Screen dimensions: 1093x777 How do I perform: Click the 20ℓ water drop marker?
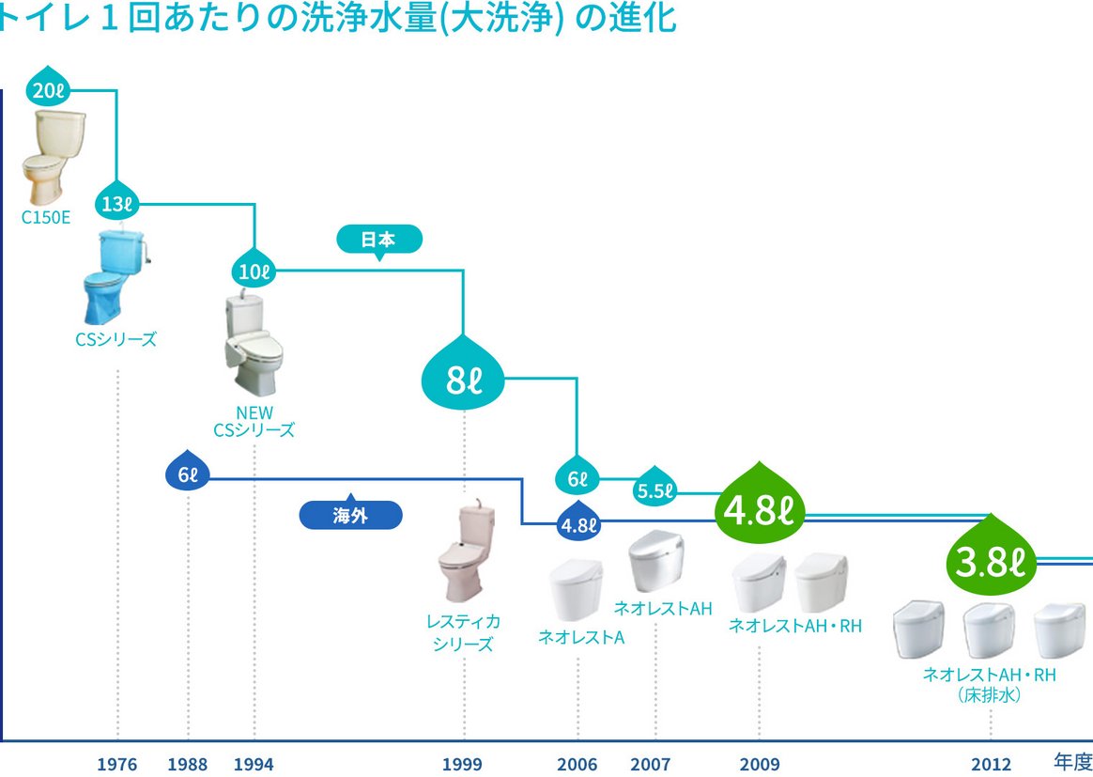pos(48,88)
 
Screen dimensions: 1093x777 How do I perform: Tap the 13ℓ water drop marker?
pos(116,202)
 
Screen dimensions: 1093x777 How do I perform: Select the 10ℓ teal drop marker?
pos(254,270)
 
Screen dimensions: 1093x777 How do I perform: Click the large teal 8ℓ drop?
pos(464,377)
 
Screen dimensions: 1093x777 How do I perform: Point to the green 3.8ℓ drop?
pos(991,559)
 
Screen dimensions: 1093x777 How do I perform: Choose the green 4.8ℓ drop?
pos(759,505)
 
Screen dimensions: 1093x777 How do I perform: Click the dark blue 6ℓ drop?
pos(188,473)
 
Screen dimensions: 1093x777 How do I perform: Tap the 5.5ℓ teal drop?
pos(654,489)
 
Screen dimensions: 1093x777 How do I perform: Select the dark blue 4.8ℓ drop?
pos(578,522)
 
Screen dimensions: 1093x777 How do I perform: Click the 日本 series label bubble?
pos(379,241)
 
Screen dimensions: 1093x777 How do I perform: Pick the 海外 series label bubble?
pos(350,514)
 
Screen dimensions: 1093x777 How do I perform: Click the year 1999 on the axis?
pos(462,765)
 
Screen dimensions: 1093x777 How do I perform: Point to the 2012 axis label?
pos(991,765)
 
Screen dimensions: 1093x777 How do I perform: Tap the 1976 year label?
pos(117,765)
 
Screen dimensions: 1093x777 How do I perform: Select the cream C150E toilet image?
pos(53,156)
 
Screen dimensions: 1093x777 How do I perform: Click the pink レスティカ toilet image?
pos(467,552)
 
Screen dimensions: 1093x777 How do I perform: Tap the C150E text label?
pos(46,218)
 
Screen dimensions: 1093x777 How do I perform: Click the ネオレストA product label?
pos(581,637)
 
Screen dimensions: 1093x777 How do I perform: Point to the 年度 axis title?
pos(1072,762)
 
